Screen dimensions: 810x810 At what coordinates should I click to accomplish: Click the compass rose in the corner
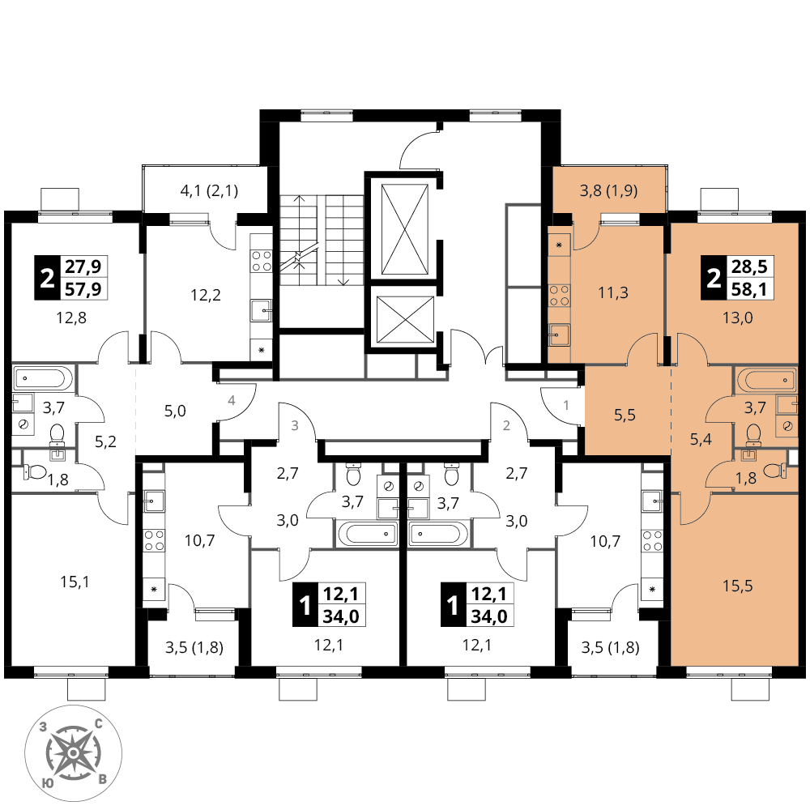74,753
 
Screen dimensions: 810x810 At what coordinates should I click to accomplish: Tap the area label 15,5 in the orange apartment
737,586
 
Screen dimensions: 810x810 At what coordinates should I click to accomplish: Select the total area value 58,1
749,289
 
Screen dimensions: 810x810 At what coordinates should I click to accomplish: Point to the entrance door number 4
232,400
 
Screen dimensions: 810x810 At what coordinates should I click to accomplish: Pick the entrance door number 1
565,405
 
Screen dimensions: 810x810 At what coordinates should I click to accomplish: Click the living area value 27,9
83,266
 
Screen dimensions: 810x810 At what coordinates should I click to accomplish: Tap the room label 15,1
75,582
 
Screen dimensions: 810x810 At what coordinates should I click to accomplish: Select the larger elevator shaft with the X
404,229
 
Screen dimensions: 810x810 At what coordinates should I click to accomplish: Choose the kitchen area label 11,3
613,293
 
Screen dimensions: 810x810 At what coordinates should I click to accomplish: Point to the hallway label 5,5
625,415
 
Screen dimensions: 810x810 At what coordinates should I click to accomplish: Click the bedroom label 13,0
737,318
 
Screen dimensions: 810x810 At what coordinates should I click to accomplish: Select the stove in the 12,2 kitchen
261,261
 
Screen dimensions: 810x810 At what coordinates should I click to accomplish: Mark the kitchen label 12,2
206,295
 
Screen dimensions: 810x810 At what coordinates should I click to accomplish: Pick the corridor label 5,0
175,411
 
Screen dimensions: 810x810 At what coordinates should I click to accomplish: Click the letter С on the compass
98,723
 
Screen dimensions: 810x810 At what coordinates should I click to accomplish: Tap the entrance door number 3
295,426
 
